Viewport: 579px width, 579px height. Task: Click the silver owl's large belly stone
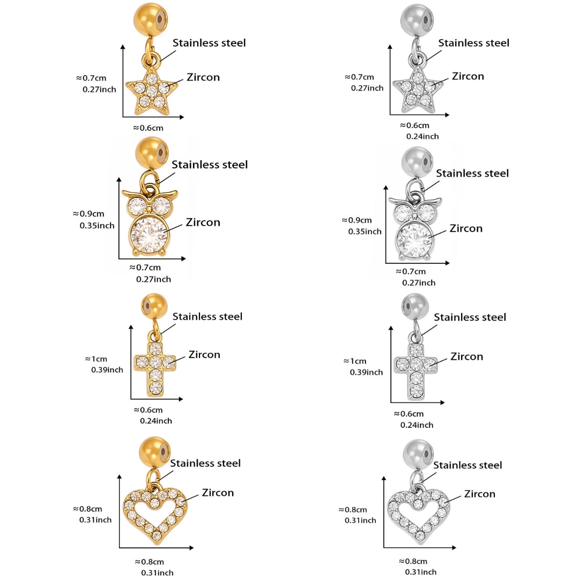(x=414, y=239)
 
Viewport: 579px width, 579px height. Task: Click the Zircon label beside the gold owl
(x=203, y=222)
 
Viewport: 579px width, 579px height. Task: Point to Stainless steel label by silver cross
(x=470, y=317)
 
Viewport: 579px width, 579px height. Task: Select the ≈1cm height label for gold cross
(x=96, y=359)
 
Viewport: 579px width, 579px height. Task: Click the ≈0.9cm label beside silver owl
(x=357, y=220)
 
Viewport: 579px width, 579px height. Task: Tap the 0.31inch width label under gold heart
(x=157, y=573)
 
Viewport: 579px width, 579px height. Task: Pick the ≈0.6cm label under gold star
(x=148, y=128)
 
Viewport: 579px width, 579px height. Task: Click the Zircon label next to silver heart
(x=479, y=494)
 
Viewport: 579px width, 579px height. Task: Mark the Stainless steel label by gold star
(x=209, y=43)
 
